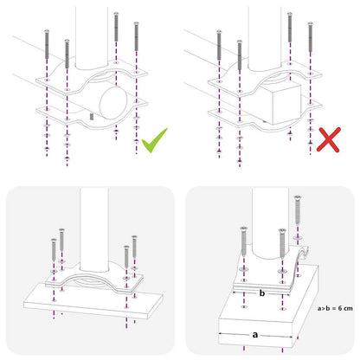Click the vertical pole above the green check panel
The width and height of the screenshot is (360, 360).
90,35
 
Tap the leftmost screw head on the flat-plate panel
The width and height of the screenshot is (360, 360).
53,246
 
